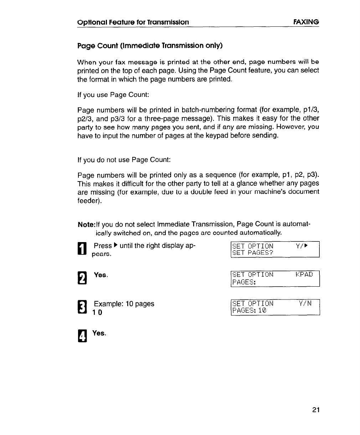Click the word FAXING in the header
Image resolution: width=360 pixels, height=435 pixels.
coord(306,22)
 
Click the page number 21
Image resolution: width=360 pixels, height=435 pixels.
coord(315,409)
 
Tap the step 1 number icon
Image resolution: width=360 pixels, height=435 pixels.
coord(82,249)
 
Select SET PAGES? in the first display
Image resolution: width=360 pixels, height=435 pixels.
coord(252,253)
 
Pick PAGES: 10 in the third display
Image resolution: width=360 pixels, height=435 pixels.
coord(249,311)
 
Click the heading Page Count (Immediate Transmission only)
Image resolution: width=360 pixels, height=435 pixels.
coord(150,46)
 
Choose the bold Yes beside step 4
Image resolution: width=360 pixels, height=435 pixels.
coord(99,333)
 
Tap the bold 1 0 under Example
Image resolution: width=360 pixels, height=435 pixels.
coord(97,312)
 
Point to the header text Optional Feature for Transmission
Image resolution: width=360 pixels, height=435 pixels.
coord(133,22)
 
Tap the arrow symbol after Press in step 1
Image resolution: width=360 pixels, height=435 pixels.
coord(115,246)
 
